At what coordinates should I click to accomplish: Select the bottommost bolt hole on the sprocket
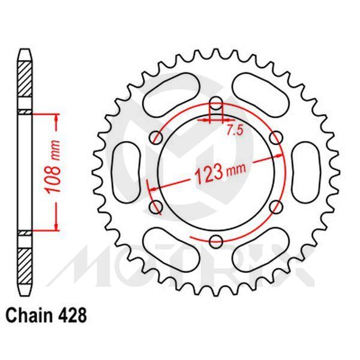pyautogui.click(x=216, y=242)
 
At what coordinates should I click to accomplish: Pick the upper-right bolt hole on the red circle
pyautogui.click(x=277, y=137)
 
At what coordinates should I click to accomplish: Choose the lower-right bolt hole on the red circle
pyautogui.click(x=277, y=208)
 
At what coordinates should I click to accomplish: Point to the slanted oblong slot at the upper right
pyautogui.click(x=262, y=90)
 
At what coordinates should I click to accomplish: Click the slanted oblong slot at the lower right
pyautogui.click(x=262, y=252)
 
